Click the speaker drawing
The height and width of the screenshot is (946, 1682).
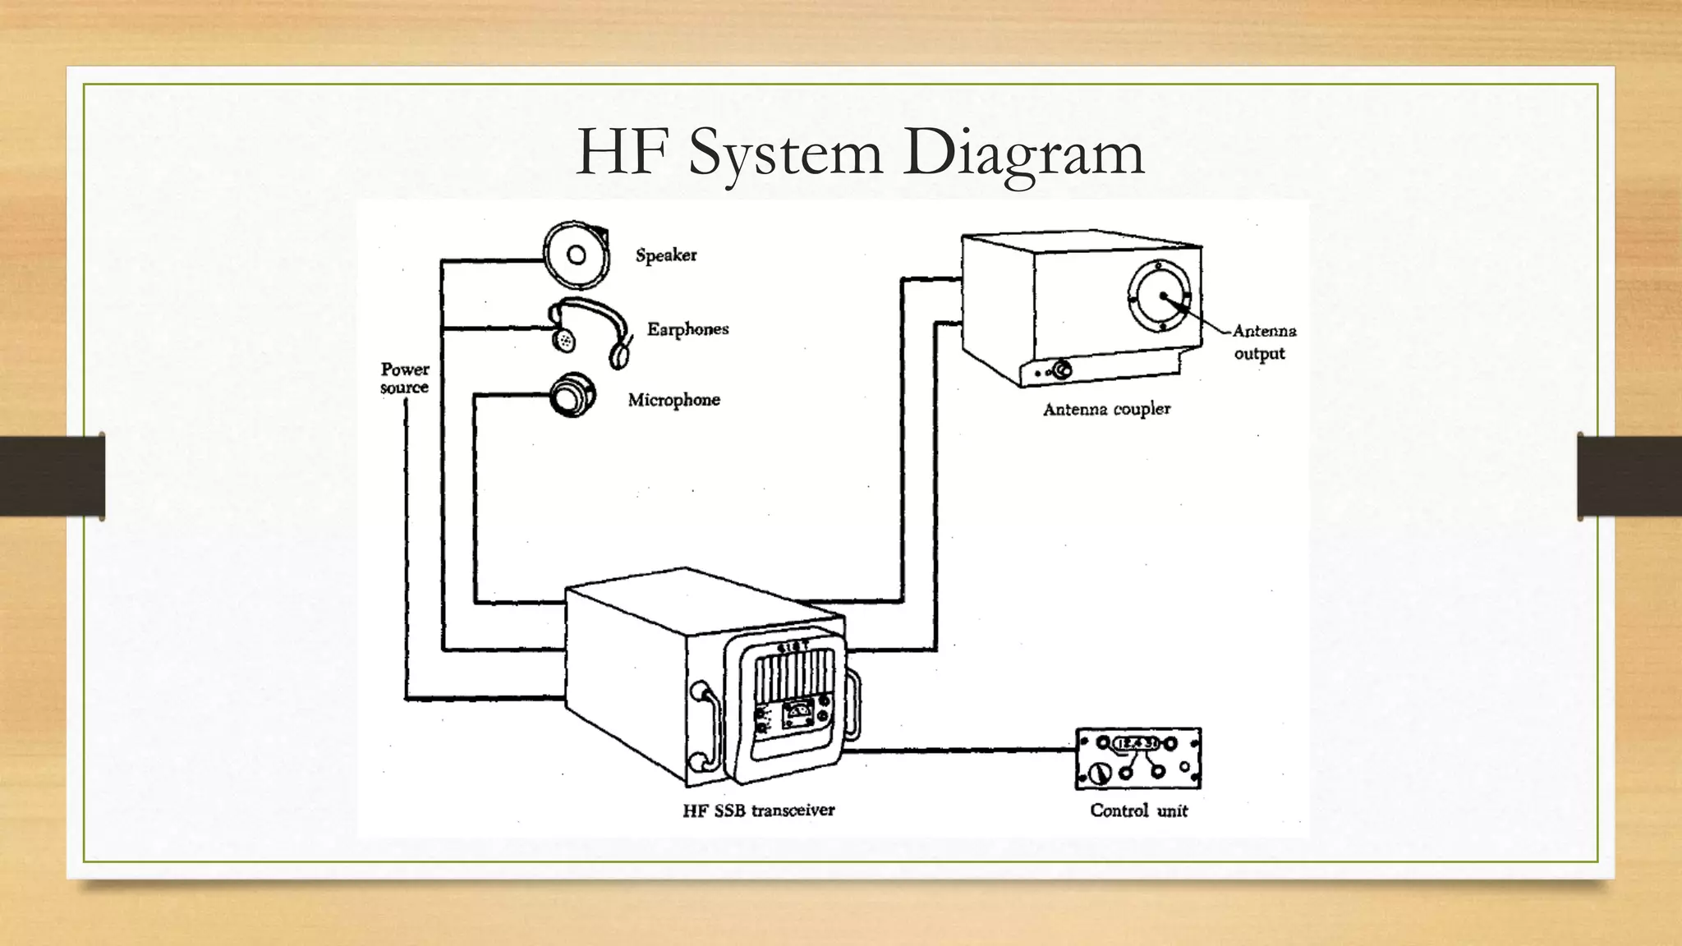[577, 255]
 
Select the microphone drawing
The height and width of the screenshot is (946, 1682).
[571, 396]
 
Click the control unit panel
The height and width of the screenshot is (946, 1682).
[1138, 758]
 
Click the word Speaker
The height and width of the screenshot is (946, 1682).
[666, 255]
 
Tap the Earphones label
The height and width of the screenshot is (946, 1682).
[687, 329]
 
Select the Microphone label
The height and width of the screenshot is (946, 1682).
[673, 400]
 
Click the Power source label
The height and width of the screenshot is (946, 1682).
[405, 378]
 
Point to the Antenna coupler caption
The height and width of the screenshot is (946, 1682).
[1106, 409]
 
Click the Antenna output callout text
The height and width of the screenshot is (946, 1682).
[1263, 342]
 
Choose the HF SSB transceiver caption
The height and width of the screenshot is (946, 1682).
[759, 811]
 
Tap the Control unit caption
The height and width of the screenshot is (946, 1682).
[1139, 811]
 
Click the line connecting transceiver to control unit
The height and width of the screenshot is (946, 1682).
[961, 749]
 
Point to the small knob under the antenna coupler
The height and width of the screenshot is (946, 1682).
[1062, 370]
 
